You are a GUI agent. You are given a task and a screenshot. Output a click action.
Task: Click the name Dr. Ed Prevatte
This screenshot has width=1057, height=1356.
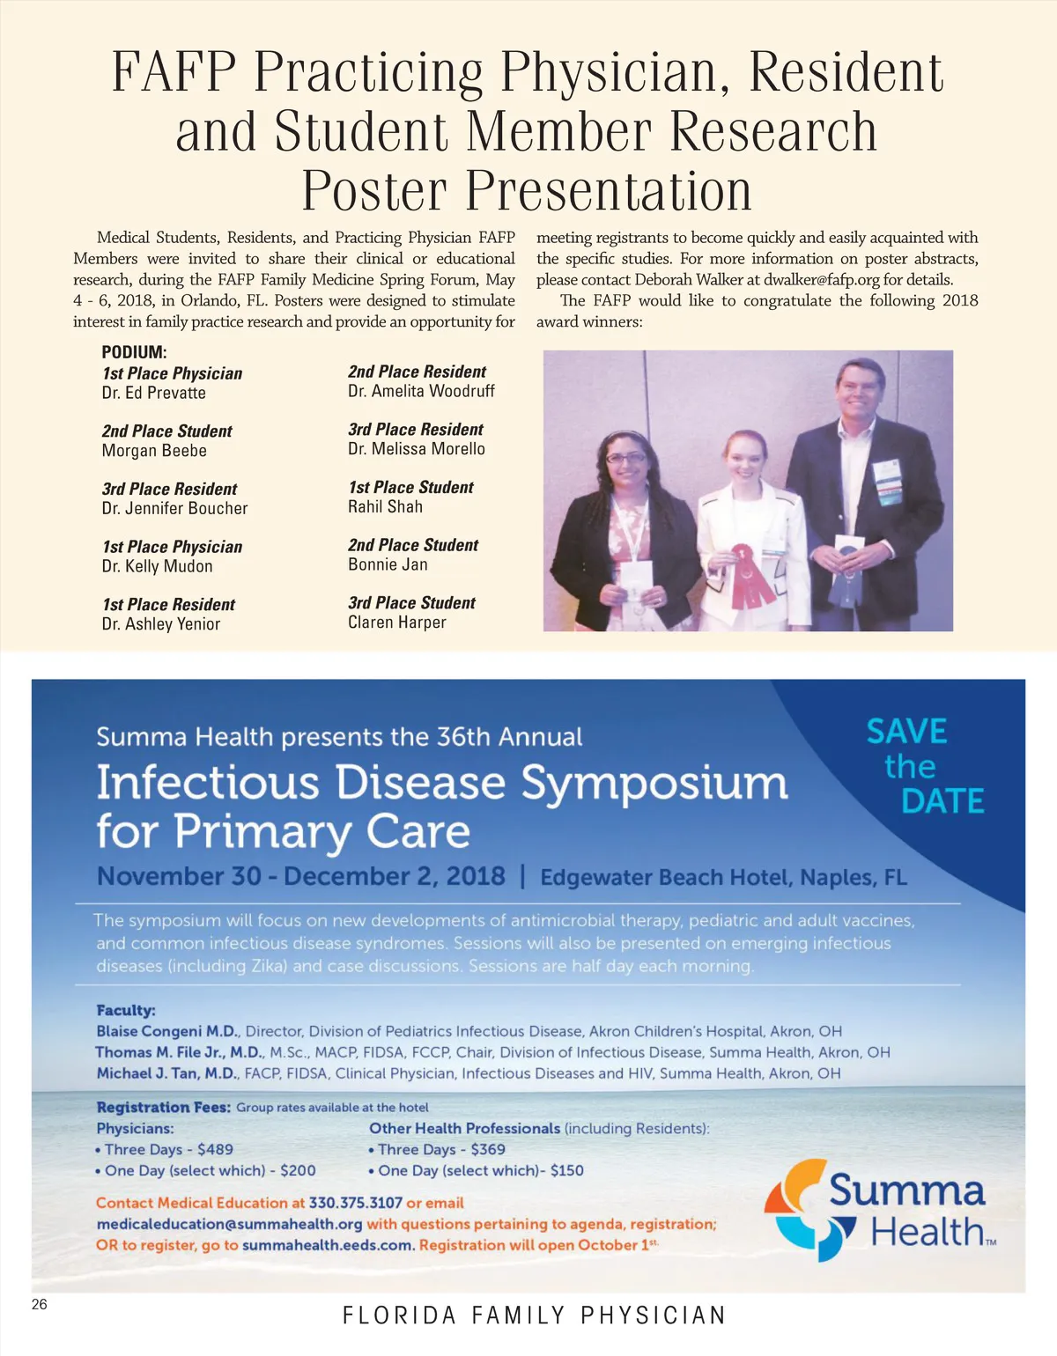(x=153, y=393)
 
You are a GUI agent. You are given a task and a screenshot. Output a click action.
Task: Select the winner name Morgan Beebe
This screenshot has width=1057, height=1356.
(x=154, y=451)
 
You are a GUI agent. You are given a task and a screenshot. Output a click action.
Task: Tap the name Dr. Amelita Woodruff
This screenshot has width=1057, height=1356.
(x=421, y=391)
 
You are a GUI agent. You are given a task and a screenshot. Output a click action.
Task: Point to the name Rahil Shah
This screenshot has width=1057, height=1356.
(x=385, y=506)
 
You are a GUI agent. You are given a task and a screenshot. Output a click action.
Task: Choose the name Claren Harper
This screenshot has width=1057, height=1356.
(x=397, y=623)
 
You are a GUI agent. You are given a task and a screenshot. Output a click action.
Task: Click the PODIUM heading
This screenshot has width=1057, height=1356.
(x=134, y=352)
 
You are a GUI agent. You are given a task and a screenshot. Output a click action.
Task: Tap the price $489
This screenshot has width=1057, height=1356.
(x=215, y=1149)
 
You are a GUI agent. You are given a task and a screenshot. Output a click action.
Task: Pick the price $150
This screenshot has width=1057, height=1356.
(x=566, y=1170)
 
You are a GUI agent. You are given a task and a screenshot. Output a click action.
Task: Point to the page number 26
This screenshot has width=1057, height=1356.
(x=40, y=1304)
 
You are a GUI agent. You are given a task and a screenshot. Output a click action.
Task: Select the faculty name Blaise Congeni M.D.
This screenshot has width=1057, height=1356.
(x=166, y=1031)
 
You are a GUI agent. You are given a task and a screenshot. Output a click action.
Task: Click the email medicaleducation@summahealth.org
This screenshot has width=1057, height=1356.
(x=229, y=1224)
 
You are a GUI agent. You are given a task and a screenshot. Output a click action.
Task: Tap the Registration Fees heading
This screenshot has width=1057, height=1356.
(x=164, y=1107)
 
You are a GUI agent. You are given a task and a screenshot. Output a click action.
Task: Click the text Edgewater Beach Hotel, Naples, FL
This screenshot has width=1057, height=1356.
(x=724, y=877)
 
